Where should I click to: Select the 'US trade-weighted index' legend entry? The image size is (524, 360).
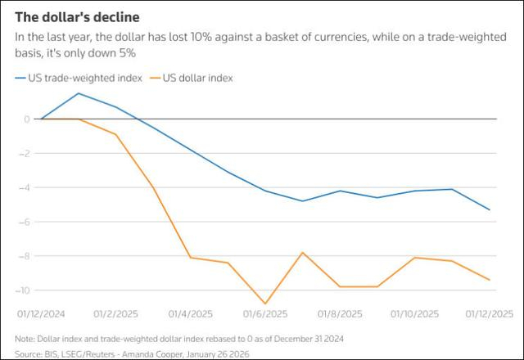[78, 78]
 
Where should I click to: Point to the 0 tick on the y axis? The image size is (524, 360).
[27, 119]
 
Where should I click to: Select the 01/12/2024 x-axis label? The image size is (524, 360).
[42, 313]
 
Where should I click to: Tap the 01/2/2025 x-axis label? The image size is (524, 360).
[116, 313]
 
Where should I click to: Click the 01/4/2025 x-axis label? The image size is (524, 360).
[190, 313]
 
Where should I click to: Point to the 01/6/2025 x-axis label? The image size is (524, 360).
[265, 313]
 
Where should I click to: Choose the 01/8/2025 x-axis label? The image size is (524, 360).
[340, 313]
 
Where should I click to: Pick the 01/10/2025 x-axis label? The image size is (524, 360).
[414, 313]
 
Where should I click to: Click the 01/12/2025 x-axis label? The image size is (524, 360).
[489, 313]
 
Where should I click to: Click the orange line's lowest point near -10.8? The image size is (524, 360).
[265, 304]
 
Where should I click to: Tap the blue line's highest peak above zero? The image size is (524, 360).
[79, 93]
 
